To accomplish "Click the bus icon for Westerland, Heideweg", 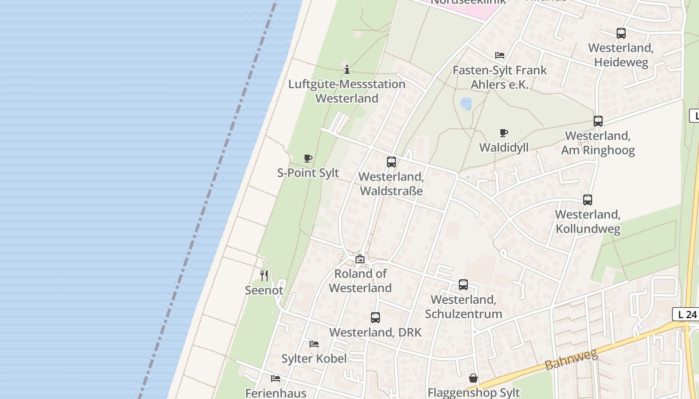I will [621, 33].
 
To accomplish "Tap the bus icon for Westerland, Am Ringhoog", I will [598, 121].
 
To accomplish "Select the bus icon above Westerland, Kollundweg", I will [588, 199].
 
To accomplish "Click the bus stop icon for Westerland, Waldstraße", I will [391, 162].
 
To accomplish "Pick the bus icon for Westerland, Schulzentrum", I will [463, 284].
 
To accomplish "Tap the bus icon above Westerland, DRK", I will [375, 317].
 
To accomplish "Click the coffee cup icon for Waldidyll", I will [504, 133].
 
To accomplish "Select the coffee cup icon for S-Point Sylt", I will [308, 158].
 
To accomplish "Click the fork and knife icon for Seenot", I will [264, 275].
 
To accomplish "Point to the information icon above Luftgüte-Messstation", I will [347, 69].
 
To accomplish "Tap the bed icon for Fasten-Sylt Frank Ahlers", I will [500, 55].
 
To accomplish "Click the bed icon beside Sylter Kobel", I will [314, 344].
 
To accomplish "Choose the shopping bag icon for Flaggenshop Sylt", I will [473, 378].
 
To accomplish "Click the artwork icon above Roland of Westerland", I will [359, 259].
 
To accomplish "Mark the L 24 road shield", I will [687, 314].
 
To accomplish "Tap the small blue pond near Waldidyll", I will [466, 103].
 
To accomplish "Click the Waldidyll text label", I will [504, 148].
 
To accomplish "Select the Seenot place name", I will [264, 290].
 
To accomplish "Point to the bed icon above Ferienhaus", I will [275, 378].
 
